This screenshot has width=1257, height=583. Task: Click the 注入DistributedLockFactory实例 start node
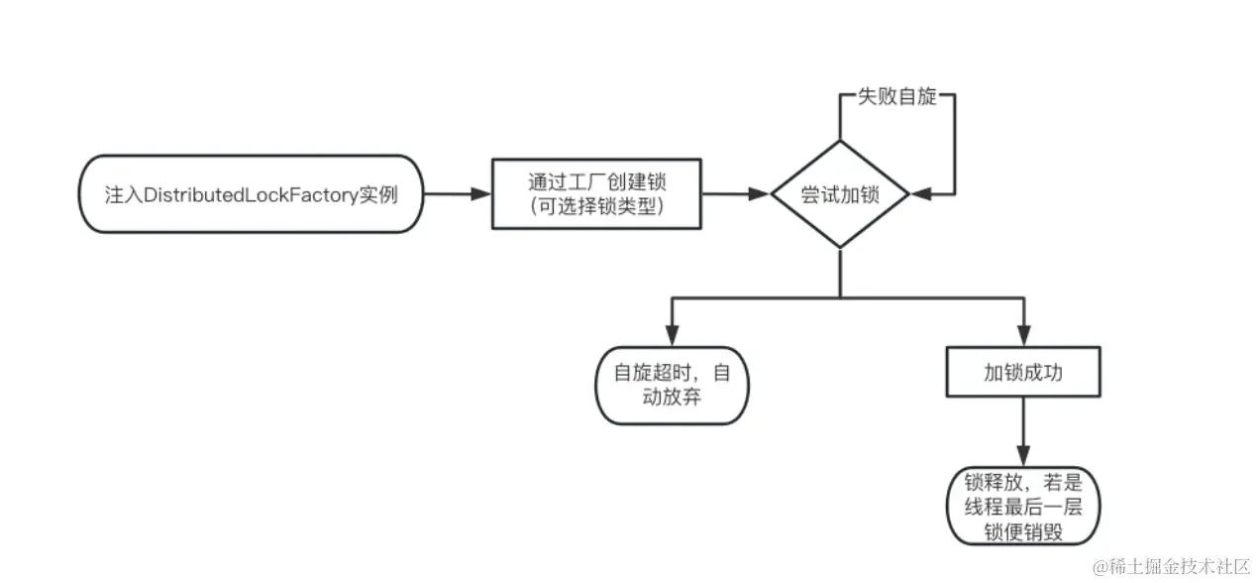(251, 194)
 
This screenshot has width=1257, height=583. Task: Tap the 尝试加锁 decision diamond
(840, 194)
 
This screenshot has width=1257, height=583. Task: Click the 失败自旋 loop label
(896, 98)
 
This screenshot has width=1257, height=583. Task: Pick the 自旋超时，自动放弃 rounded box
(673, 385)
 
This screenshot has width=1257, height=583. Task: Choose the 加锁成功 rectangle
(1023, 373)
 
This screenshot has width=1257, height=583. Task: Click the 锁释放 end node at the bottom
(1023, 506)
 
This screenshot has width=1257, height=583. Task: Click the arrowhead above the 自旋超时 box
(673, 334)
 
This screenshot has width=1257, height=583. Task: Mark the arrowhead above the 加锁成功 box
(1023, 336)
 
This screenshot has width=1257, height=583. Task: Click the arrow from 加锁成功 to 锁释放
(1023, 432)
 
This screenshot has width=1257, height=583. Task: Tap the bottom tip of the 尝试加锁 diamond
(840, 248)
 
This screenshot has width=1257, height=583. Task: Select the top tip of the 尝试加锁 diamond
(840, 141)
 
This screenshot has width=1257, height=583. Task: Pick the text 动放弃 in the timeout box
(673, 398)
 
